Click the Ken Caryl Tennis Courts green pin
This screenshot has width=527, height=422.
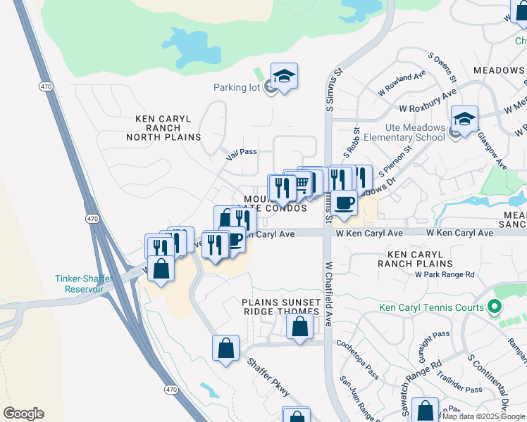point(495,307)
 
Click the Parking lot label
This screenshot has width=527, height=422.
point(237,88)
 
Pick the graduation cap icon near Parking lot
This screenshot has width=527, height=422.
point(284,77)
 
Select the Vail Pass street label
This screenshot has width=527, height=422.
point(242,151)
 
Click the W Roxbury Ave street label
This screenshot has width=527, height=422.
point(427,103)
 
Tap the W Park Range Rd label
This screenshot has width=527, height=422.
point(445,274)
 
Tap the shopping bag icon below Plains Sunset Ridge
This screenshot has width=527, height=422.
point(299,327)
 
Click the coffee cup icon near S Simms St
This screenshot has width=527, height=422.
point(344,203)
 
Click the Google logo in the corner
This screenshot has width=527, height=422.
point(23,414)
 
